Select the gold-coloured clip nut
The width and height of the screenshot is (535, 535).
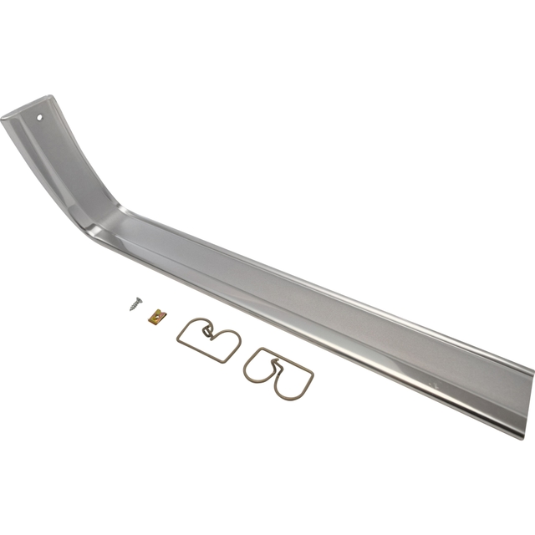(155, 316)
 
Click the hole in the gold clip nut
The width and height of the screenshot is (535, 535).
(155, 316)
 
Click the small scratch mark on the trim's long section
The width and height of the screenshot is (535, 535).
(434, 382)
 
